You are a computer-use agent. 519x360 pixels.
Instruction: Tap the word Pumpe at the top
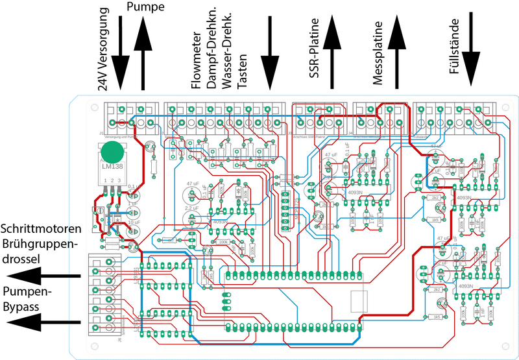point(145,7)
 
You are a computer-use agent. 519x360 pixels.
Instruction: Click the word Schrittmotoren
point(42,229)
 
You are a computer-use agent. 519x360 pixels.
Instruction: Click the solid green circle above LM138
point(114,152)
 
